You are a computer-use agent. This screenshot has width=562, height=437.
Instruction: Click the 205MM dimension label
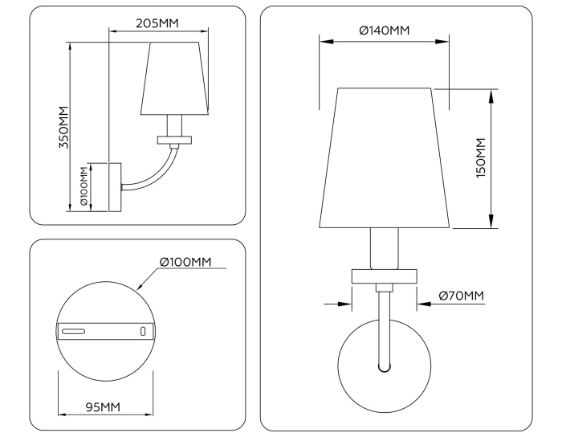coord(157,22)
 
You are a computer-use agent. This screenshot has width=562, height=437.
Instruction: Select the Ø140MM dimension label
coord(384,31)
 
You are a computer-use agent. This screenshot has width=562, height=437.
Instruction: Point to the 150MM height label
coord(481,157)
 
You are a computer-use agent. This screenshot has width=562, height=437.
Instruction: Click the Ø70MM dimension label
coord(462,296)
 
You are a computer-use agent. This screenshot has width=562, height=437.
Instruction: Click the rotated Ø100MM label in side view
coord(83,186)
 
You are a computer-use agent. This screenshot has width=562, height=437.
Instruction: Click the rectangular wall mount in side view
coord(114,186)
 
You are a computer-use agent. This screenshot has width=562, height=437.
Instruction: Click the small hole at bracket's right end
coord(144,330)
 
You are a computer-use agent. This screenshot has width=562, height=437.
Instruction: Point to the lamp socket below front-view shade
coord(385,249)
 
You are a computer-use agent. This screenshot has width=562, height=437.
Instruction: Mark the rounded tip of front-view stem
coord(385,367)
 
